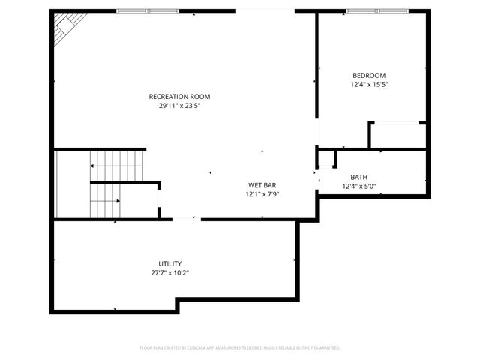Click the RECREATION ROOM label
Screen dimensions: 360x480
[179, 96]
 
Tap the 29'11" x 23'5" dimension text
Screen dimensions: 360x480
[179, 106]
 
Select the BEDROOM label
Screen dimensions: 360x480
[369, 75]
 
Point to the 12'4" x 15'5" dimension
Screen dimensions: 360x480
[369, 85]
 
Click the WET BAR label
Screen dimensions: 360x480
[262, 184]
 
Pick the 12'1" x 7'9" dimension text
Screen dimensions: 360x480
[262, 194]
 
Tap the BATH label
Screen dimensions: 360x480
[358, 178]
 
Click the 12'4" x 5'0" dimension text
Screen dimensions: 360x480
[358, 187]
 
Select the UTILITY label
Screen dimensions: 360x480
[169, 263]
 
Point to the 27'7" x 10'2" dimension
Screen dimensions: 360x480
[169, 273]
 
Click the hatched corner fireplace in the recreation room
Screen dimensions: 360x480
[64, 28]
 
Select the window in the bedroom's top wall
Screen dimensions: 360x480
[376, 12]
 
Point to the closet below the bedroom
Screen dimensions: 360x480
[397, 136]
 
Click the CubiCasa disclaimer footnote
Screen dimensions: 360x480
[240, 348]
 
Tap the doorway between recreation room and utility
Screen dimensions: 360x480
[187, 219]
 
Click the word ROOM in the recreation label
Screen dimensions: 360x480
[200, 96]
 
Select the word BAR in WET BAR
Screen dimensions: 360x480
[270, 184]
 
